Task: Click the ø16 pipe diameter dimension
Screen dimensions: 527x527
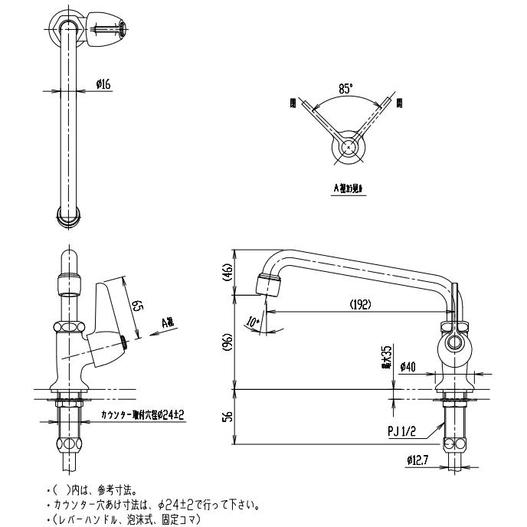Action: [103, 86]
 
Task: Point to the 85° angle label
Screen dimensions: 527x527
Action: [346, 89]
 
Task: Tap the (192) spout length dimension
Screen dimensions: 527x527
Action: [360, 304]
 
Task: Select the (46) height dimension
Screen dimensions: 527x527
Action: [227, 273]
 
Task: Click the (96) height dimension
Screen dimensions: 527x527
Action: [227, 344]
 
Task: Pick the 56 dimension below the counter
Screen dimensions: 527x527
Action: [227, 417]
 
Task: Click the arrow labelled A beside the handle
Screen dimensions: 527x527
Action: [166, 324]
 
